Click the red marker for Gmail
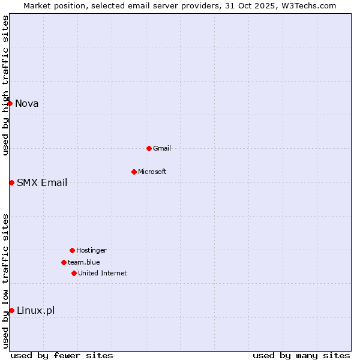click(x=149, y=148)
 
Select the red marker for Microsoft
click(x=134, y=172)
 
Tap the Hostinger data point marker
click(x=72, y=250)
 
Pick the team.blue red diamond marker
click(x=64, y=262)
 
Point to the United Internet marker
click(x=74, y=273)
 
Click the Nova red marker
click(x=10, y=103)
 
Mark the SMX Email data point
click(x=11, y=182)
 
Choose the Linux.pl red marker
click(x=11, y=310)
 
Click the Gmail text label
click(x=162, y=148)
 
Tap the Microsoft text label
click(x=152, y=172)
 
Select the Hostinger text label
click(x=91, y=250)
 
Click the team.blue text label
click(x=84, y=262)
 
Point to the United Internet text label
click(x=103, y=273)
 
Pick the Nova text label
click(x=27, y=103)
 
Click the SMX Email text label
click(x=42, y=182)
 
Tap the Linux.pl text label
click(x=36, y=310)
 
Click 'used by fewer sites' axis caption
click(x=62, y=355)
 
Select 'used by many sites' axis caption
click(x=301, y=355)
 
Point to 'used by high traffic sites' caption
click(x=5, y=85)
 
